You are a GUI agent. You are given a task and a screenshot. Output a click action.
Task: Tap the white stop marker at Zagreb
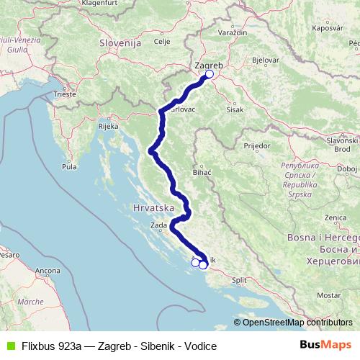click(x=210, y=74)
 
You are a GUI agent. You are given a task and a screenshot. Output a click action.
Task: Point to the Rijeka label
click(x=108, y=126)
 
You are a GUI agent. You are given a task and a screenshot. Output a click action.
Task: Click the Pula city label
click(x=69, y=166)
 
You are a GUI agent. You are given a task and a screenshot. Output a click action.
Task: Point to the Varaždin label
click(x=232, y=33)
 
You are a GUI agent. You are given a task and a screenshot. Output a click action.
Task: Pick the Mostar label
click(x=328, y=295)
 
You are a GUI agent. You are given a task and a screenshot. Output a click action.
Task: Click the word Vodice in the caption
click(x=201, y=346)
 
